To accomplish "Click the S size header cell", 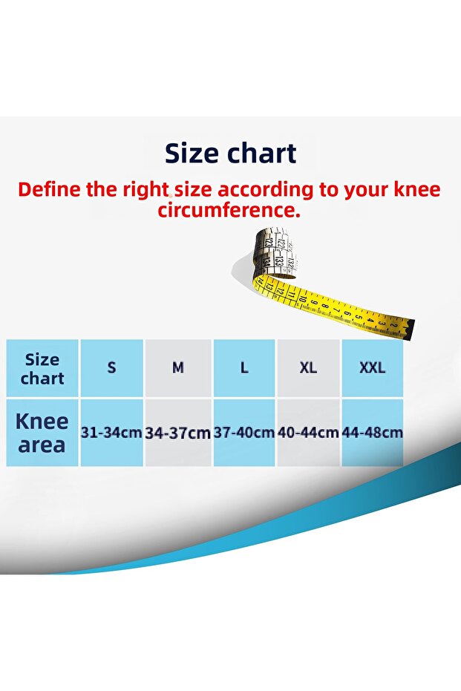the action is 111,367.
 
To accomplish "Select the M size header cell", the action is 178,367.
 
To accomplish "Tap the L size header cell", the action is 244,367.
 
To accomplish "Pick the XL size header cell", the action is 308,367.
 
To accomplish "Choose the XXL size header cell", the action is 373,367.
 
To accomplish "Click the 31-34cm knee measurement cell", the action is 111,432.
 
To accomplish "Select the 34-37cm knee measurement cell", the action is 178,432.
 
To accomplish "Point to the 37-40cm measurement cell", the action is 244,432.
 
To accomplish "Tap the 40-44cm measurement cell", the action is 308,432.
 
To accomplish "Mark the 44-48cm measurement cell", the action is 373,432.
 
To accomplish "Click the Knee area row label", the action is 42,433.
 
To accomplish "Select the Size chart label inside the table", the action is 42,369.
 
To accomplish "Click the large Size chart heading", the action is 230,154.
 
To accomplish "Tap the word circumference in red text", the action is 229,210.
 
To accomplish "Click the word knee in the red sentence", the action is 416,189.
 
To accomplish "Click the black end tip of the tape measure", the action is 410,330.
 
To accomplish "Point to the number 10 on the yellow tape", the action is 302,299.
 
